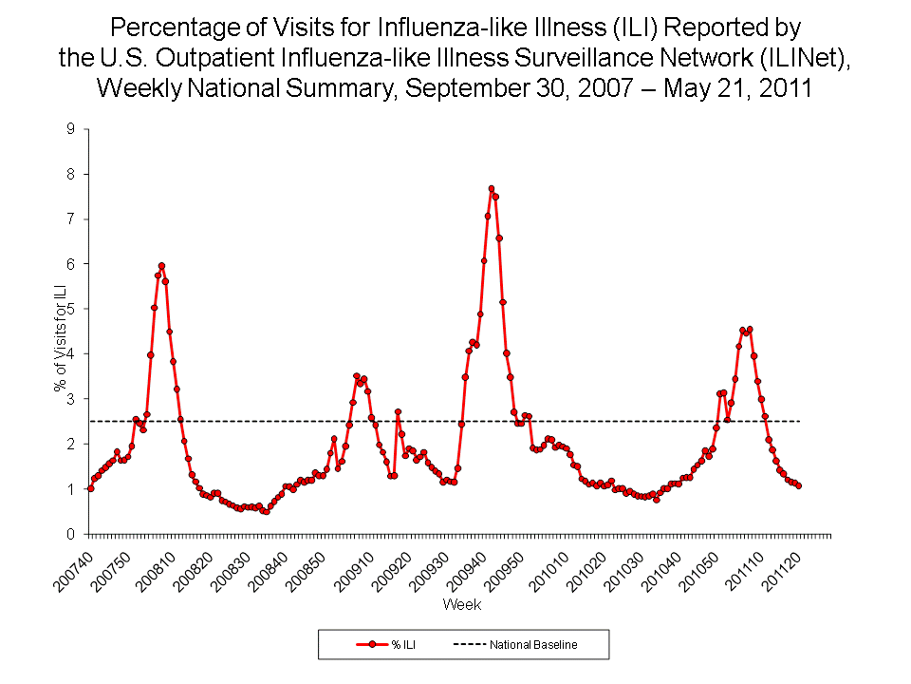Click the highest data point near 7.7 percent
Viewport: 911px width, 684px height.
coord(492,189)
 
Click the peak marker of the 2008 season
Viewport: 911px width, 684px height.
coord(161,266)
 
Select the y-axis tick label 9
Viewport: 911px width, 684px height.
coord(70,128)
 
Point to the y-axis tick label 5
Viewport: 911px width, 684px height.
coord(70,309)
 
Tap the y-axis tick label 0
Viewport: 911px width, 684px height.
coord(70,535)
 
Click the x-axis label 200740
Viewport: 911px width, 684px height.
coord(72,566)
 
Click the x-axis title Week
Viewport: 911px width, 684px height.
coord(461,605)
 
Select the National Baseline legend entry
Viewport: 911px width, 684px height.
coord(517,645)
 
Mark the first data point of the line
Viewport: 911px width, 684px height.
coord(90,488)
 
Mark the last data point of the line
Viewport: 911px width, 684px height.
coord(799,485)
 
